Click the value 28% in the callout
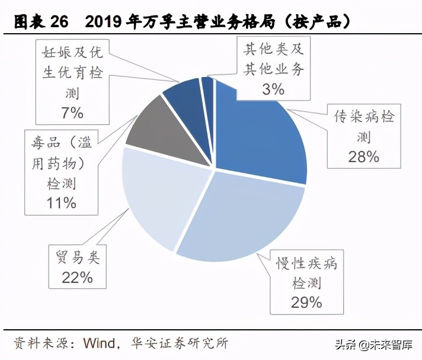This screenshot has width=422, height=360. pos(363,156)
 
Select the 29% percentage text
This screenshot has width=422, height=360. pos(306,302)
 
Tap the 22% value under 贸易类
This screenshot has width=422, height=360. pos(77,277)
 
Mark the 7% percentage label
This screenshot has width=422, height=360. pos(72,112)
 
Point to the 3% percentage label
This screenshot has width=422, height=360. pos(273,89)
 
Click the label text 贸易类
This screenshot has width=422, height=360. pos(77,258)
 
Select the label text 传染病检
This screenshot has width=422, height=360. pos(363,117)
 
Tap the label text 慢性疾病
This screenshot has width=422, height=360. pos(306,262)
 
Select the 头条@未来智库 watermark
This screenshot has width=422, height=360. pos(374,345)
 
